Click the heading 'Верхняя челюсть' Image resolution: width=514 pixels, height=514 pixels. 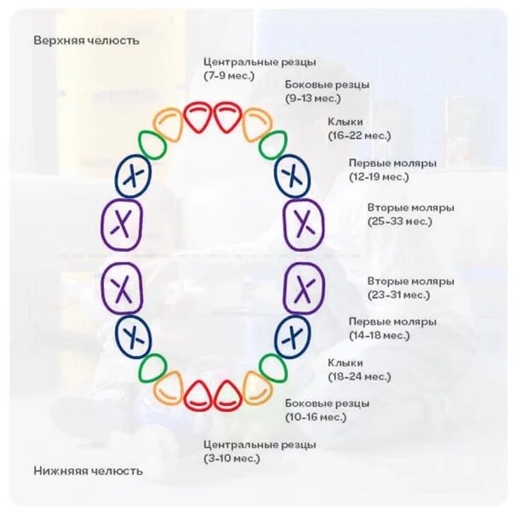[87, 40]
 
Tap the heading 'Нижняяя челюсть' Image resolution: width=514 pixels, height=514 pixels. [89, 471]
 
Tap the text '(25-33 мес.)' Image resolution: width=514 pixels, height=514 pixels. [400, 221]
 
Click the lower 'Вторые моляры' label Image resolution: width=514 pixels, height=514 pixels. [410, 281]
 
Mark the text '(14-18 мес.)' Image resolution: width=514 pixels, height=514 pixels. [379, 335]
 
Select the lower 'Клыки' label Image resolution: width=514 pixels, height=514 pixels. [345, 363]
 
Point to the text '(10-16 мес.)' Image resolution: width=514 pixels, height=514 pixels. [316, 417]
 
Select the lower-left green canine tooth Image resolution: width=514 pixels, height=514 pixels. [153, 368]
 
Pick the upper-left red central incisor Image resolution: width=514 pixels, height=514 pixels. [197, 117]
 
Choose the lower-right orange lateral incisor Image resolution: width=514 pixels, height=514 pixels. [256, 387]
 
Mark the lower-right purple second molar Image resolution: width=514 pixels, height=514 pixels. [304, 287]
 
